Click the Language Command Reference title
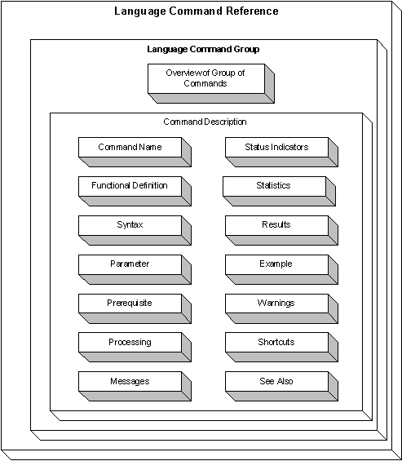coord(197,11)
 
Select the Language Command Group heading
coord(203,49)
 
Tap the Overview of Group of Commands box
coord(211,83)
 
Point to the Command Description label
coord(205,122)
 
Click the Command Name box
coord(135,152)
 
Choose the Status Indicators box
coord(281,152)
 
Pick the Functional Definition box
coord(135,191)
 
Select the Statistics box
coord(279,191)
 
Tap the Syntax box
coord(135,230)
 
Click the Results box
coord(281,230)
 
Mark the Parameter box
coord(135,269)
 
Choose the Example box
coord(281,269)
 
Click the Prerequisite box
coord(135,308)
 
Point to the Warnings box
coord(281,308)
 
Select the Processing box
coord(135,347)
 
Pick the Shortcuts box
coord(281,347)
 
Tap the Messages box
coord(135,386)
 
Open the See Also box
coord(281,386)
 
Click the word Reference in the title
coord(252,11)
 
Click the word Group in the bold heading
coord(246,49)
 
